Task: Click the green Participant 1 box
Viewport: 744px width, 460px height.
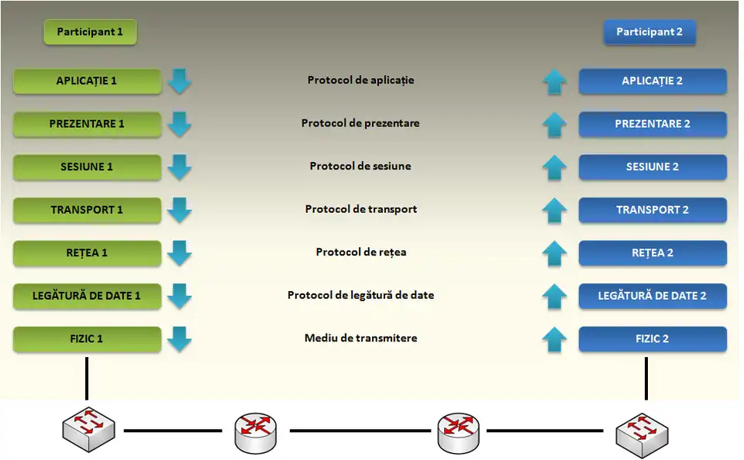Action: [x=90, y=33]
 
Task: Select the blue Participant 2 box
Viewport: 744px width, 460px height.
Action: [x=649, y=33]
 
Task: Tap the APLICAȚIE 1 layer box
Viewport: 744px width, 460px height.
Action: [x=87, y=81]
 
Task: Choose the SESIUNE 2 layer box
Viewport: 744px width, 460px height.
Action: [x=653, y=167]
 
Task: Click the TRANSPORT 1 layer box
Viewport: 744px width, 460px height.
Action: [x=87, y=210]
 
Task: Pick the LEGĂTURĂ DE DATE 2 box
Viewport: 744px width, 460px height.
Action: [x=653, y=296]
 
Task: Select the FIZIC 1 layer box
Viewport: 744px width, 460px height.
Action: [x=87, y=339]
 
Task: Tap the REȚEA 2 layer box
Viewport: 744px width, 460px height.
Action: [x=653, y=253]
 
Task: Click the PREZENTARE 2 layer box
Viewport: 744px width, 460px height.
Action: [x=653, y=124]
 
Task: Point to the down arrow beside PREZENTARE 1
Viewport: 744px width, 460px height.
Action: [x=180, y=124]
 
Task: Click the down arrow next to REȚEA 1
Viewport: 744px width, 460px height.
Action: [x=180, y=253]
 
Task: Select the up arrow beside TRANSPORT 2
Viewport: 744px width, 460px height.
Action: [x=554, y=210]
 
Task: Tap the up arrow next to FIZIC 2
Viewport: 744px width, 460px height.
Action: [x=554, y=339]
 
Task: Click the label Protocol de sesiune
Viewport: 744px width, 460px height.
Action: [x=360, y=166]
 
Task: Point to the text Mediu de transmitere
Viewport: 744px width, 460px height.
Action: [x=360, y=338]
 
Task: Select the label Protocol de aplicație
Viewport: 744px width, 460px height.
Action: [x=360, y=80]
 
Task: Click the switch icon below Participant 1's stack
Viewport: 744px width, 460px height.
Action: [x=88, y=429]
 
